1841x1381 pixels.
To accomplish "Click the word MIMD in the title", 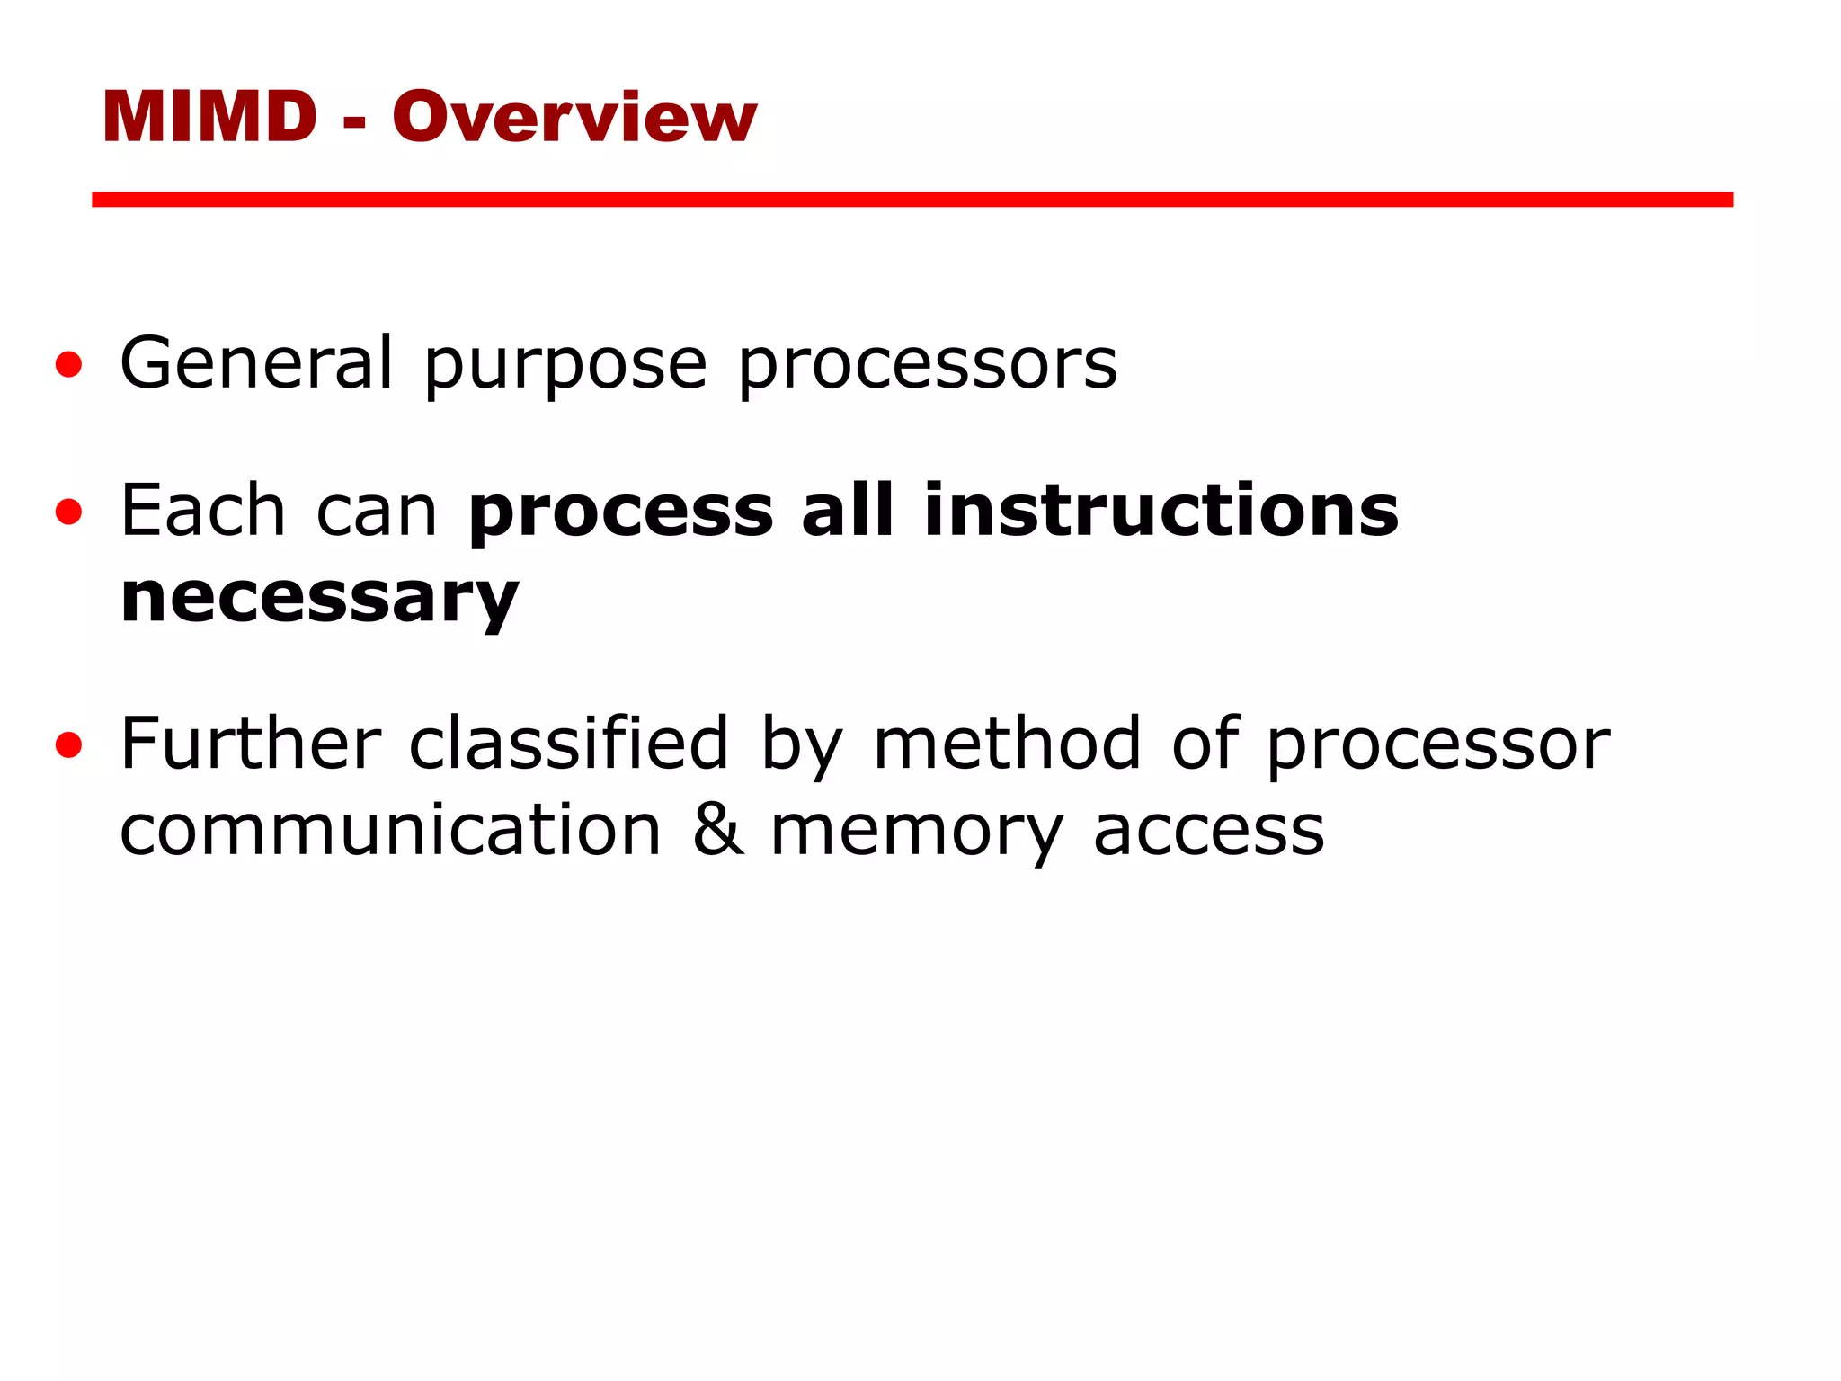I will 209,117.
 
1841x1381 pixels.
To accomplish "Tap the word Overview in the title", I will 574,117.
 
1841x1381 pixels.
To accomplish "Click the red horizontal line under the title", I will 912,200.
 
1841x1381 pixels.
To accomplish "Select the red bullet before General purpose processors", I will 68,365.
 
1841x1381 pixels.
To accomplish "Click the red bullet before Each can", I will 68,512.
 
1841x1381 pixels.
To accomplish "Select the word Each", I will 203,510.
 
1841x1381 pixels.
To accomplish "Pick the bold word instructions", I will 1161,510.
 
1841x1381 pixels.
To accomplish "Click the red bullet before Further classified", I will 68,745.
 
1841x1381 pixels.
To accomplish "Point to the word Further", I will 251,744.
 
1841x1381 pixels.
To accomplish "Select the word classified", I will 568,744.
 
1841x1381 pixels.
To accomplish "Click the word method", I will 1007,744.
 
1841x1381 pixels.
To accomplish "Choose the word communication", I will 391,830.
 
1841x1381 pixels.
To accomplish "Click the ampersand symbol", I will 718,829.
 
